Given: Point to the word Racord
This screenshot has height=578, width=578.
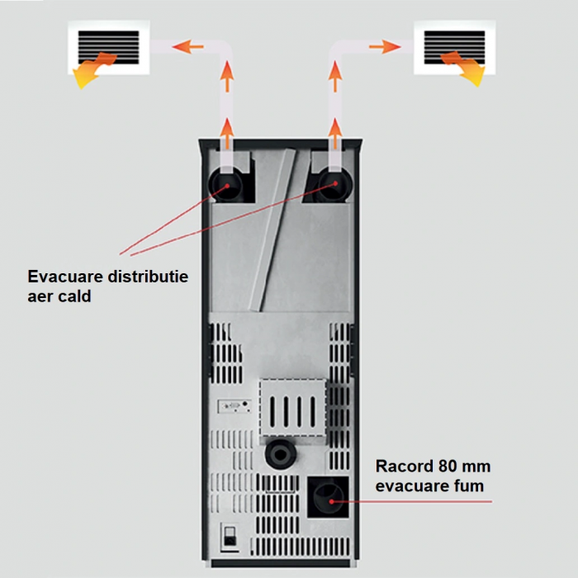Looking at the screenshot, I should pyautogui.click(x=404, y=467).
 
